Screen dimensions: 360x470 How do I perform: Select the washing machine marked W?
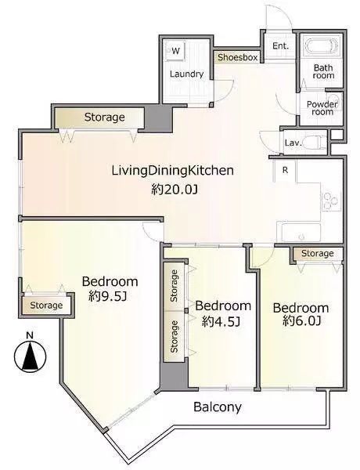(175, 51)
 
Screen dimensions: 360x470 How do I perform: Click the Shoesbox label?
(237, 57)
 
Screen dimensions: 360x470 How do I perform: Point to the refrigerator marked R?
(286, 170)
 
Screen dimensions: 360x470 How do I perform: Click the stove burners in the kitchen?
(331, 201)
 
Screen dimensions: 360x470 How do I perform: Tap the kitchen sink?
(299, 232)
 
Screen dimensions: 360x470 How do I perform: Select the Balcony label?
(217, 407)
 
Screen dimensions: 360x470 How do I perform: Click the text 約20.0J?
(174, 189)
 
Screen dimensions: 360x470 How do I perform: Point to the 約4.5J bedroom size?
(221, 321)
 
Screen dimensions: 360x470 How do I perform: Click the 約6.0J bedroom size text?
(302, 321)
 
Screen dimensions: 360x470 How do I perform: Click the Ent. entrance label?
(281, 46)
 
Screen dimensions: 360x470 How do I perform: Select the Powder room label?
(322, 108)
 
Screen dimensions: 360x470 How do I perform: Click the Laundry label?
(186, 74)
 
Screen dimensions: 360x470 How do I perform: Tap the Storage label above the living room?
(105, 117)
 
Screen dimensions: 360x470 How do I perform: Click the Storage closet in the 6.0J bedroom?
(318, 254)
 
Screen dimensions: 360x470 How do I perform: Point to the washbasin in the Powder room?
(333, 99)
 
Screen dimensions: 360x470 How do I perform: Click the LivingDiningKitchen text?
(173, 171)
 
